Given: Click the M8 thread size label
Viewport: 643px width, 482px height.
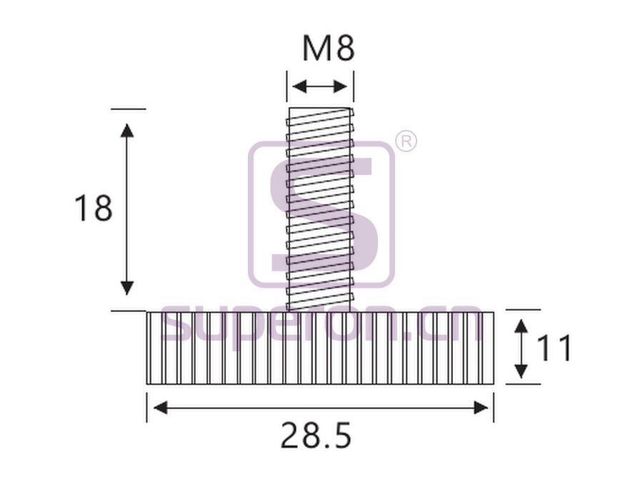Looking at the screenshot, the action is tap(328, 49).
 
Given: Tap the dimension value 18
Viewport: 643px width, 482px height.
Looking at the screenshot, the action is tap(93, 209).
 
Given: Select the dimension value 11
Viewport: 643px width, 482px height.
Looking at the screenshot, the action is tap(553, 348).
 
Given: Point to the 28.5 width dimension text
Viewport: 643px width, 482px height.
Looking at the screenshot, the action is tap(316, 436).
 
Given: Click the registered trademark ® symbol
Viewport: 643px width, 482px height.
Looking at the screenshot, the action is tap(406, 142).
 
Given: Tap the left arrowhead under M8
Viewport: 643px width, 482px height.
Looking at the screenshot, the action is tap(299, 86).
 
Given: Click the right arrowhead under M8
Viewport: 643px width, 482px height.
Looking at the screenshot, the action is tap(341, 86).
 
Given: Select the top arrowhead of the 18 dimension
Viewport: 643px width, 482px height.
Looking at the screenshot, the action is tap(128, 130).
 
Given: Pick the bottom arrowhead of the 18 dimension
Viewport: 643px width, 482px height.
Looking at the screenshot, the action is tap(128, 288).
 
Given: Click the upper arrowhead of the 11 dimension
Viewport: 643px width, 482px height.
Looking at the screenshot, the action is tap(521, 326).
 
